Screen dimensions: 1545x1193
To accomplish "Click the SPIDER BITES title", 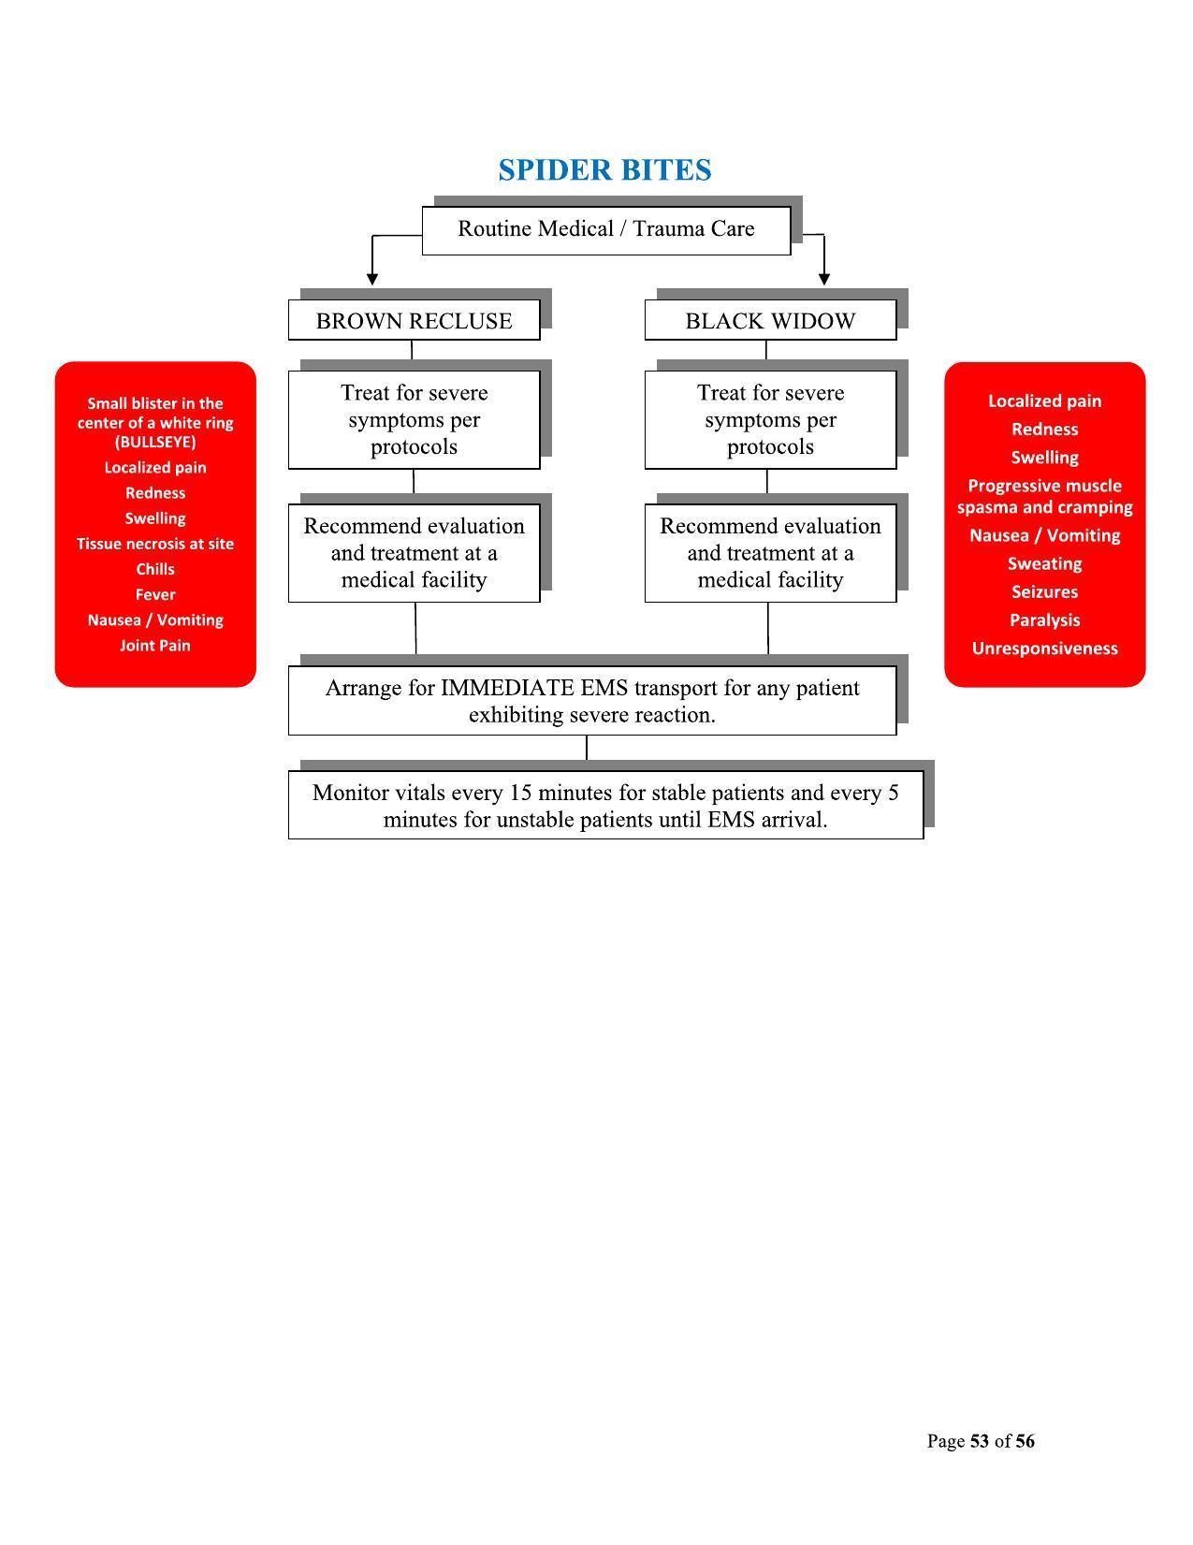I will pyautogui.click(x=604, y=170).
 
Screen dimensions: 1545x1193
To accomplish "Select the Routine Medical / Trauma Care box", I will pyautogui.click(x=605, y=229).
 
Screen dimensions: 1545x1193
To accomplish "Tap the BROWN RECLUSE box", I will pyautogui.click(x=414, y=321).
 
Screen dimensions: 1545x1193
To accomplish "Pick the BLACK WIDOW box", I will pyautogui.click(x=770, y=321).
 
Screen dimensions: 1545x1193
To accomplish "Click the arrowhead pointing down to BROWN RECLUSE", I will pyautogui.click(x=372, y=278).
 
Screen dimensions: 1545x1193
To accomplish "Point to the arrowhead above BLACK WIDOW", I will pyautogui.click(x=824, y=278).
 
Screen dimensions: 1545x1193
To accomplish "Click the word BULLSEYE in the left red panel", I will pyautogui.click(x=155, y=442).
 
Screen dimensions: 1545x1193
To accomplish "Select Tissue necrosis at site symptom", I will pyautogui.click(x=155, y=544).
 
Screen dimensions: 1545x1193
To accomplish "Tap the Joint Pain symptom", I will pyautogui.click(x=155, y=646).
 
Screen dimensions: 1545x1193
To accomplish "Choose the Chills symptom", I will pyautogui.click(x=155, y=569).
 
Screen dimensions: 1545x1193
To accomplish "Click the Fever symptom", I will pyautogui.click(x=155, y=594).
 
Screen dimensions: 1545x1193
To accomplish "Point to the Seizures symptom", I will pyautogui.click(x=1044, y=592).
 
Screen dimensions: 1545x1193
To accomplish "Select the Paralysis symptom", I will pyautogui.click(x=1044, y=620).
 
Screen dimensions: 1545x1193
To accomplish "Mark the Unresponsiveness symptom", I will pyautogui.click(x=1044, y=649).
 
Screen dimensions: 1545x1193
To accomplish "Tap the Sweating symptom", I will pyautogui.click(x=1044, y=564).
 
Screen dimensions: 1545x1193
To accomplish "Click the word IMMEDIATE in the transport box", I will pyautogui.click(x=507, y=689).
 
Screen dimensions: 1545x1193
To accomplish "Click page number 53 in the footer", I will pyautogui.click(x=980, y=1441).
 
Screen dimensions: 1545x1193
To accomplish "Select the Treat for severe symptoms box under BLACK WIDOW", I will pyautogui.click(x=770, y=419).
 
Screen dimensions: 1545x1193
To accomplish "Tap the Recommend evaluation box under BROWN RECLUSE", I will pyautogui.click(x=414, y=553).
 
